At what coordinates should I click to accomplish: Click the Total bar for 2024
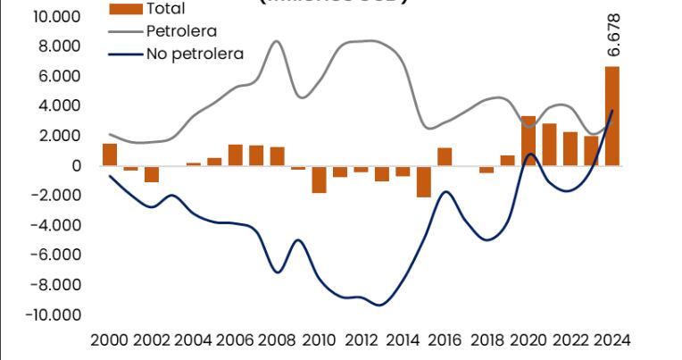(x=612, y=116)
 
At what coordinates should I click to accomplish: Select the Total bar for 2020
(x=528, y=141)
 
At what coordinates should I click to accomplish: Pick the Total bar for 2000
(x=110, y=155)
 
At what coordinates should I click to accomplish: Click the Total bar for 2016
(x=445, y=156)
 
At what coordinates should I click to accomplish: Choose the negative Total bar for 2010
(x=319, y=180)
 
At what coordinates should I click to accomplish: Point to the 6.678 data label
(x=614, y=36)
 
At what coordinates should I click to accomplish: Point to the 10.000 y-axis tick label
(x=55, y=16)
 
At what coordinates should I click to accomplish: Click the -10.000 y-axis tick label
(x=53, y=314)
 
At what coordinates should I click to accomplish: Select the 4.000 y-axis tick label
(x=59, y=105)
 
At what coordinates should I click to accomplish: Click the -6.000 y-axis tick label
(x=55, y=255)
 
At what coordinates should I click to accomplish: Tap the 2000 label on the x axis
(x=110, y=340)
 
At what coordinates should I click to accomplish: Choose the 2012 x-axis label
(x=362, y=340)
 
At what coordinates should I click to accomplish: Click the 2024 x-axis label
(x=612, y=340)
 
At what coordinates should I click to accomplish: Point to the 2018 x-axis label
(x=487, y=340)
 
